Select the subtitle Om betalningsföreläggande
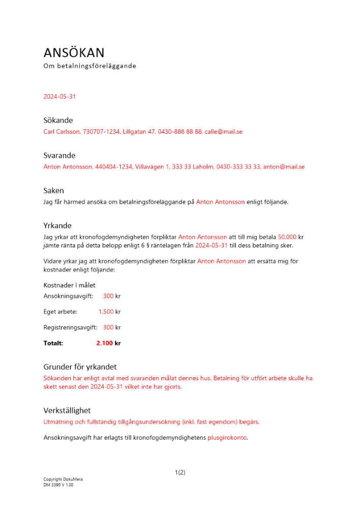[x=90, y=66]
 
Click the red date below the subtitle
[x=60, y=96]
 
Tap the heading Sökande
[x=58, y=120]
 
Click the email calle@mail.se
[x=224, y=132]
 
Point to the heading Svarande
[x=60, y=155]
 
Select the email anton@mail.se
[x=284, y=167]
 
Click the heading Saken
[x=53, y=190]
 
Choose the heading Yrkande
[x=58, y=225]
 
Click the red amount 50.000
[x=287, y=237]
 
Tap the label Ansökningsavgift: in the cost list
[x=68, y=296]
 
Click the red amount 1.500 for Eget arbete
[x=106, y=312]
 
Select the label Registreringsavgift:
[x=70, y=328]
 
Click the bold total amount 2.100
[x=104, y=344]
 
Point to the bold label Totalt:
[x=53, y=344]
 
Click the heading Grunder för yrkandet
[x=80, y=366]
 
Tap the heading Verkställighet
[x=67, y=410]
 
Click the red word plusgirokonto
[x=227, y=438]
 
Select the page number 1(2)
[x=180, y=472]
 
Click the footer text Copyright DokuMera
[x=63, y=479]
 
